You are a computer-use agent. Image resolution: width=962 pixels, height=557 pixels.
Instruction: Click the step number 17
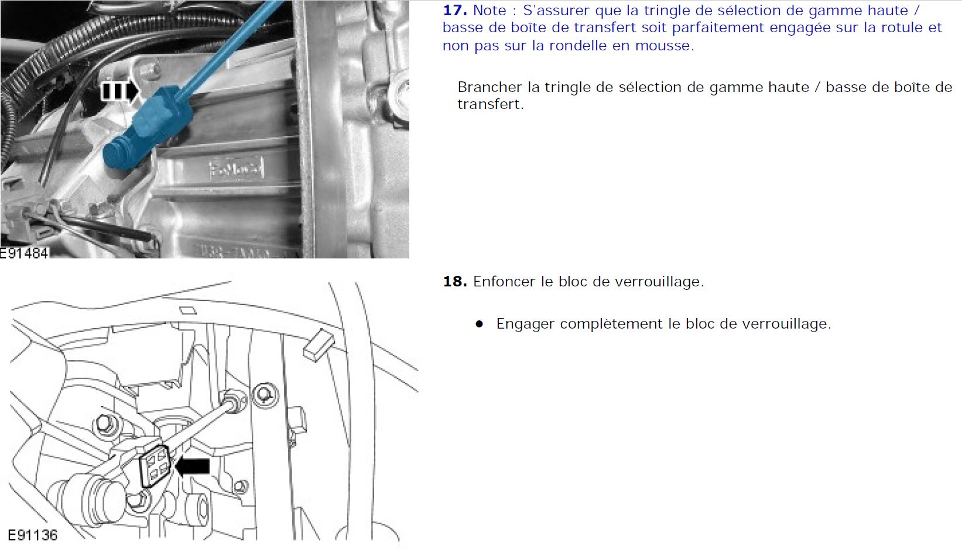(454, 10)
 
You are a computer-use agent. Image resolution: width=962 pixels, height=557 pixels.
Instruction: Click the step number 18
(454, 281)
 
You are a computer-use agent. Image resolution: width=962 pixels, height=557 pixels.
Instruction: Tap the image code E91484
(24, 254)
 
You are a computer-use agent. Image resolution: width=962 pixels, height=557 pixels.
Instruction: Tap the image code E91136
(33, 535)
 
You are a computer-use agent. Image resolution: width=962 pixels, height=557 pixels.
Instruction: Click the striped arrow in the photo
(120, 91)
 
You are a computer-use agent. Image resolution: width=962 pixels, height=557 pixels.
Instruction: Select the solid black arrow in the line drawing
(193, 466)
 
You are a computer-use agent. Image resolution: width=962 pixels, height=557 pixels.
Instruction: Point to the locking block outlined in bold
(154, 466)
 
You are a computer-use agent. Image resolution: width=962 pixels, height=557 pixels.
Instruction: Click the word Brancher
(489, 87)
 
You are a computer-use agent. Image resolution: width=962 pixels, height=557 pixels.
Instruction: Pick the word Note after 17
(489, 10)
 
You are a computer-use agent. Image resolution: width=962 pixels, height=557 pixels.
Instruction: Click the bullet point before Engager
(480, 324)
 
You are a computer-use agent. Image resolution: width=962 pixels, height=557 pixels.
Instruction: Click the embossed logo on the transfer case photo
(236, 168)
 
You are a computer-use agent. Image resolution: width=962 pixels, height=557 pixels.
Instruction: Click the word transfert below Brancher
(491, 104)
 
